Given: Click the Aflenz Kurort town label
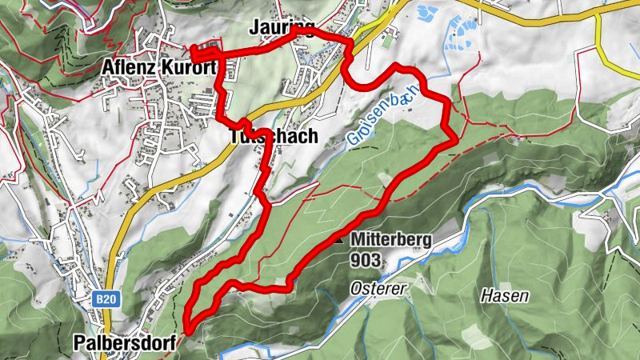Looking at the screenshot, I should tap(160, 69).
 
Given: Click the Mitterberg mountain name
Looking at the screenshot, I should tap(390, 239).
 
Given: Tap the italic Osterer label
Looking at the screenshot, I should tap(378, 288).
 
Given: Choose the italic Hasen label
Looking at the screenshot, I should tap(504, 296).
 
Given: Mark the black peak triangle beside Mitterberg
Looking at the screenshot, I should tap(339, 239).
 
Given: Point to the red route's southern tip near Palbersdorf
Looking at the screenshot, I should tap(186, 328).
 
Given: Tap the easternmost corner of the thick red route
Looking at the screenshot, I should tap(456, 140).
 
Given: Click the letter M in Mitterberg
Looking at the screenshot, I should tap(355, 239).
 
